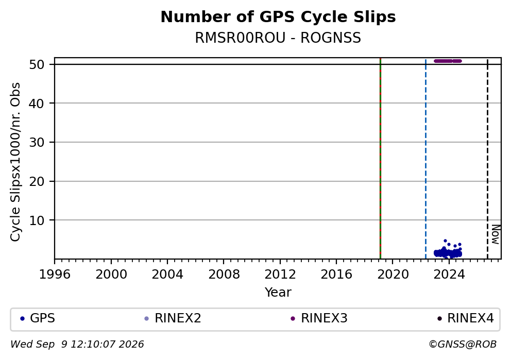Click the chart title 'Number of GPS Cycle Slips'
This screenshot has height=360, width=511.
pyautogui.click(x=278, y=17)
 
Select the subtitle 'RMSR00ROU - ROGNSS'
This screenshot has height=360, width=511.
pyautogui.click(x=278, y=38)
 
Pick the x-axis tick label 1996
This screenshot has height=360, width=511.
pyautogui.click(x=55, y=275)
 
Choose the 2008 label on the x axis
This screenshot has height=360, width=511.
pyautogui.click(x=224, y=275)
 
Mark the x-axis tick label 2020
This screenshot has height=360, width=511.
pyautogui.click(x=393, y=275)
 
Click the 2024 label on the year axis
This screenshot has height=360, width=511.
pyautogui.click(x=449, y=275)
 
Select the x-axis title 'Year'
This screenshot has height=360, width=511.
pyautogui.click(x=278, y=292)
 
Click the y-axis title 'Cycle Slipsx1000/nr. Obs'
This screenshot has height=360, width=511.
pyautogui.click(x=15, y=162)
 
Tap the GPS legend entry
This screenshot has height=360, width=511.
pyautogui.click(x=38, y=318)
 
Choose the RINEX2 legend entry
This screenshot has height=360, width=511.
pyautogui.click(x=173, y=318)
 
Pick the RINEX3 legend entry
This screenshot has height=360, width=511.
pyautogui.click(x=319, y=318)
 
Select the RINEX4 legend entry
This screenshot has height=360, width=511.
pyautogui.click(x=465, y=318)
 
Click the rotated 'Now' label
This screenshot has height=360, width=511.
pyautogui.click(x=496, y=234)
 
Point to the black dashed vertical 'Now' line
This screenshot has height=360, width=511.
pyautogui.click(x=487, y=159)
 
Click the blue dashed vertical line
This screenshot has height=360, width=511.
pyautogui.click(x=425, y=159)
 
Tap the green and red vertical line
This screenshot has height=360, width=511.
pyautogui.click(x=380, y=159)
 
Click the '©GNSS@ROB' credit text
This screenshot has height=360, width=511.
pyautogui.click(x=463, y=345)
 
